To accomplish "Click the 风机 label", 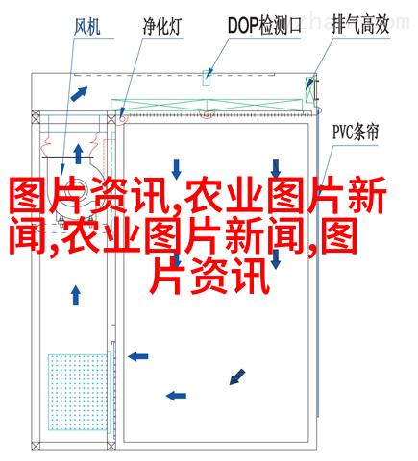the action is pyautogui.click(x=87, y=27).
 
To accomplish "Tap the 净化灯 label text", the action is pyautogui.click(x=162, y=26).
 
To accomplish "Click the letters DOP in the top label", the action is pyautogui.click(x=243, y=25).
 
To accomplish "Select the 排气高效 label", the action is pyautogui.click(x=360, y=25).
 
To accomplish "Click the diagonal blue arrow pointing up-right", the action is pyautogui.click(x=79, y=94).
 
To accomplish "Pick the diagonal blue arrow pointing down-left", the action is pyautogui.click(x=237, y=376).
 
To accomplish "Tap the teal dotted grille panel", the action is pyautogui.click(x=79, y=392).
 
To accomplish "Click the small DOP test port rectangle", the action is pyautogui.click(x=207, y=78).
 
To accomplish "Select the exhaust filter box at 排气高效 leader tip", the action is pyautogui.click(x=309, y=89).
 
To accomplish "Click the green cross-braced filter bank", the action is pyautogui.click(x=207, y=106).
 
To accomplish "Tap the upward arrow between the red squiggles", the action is pyautogui.click(x=78, y=154).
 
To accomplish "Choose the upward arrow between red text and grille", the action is pyautogui.click(x=76, y=295).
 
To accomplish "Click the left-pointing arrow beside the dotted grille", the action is pyautogui.click(x=138, y=356).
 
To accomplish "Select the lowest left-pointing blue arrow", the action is pyautogui.click(x=176, y=396).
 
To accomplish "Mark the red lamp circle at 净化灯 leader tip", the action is pyautogui.click(x=122, y=118).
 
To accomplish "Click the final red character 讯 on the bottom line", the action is pyautogui.click(x=251, y=277).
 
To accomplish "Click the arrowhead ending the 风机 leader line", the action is pyautogui.click(x=62, y=169).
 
